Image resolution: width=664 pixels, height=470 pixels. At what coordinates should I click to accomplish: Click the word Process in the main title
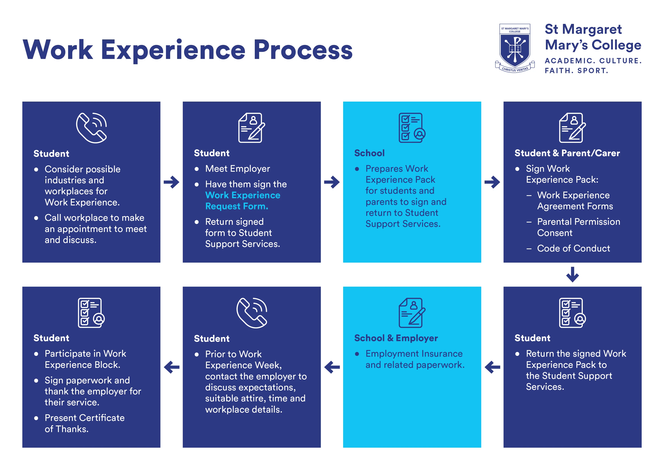click(x=303, y=50)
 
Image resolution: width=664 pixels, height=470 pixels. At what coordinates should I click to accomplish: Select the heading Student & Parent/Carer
click(x=567, y=153)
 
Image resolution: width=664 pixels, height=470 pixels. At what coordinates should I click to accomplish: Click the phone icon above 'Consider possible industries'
click(x=91, y=128)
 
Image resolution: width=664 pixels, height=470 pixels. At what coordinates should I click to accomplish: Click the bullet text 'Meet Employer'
click(x=237, y=169)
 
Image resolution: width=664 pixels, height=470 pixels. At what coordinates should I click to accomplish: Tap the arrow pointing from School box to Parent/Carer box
click(x=492, y=182)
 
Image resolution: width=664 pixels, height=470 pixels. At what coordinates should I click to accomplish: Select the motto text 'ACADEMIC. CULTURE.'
click(x=593, y=61)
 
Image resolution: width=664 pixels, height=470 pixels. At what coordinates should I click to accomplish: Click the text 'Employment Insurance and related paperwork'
click(x=415, y=359)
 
